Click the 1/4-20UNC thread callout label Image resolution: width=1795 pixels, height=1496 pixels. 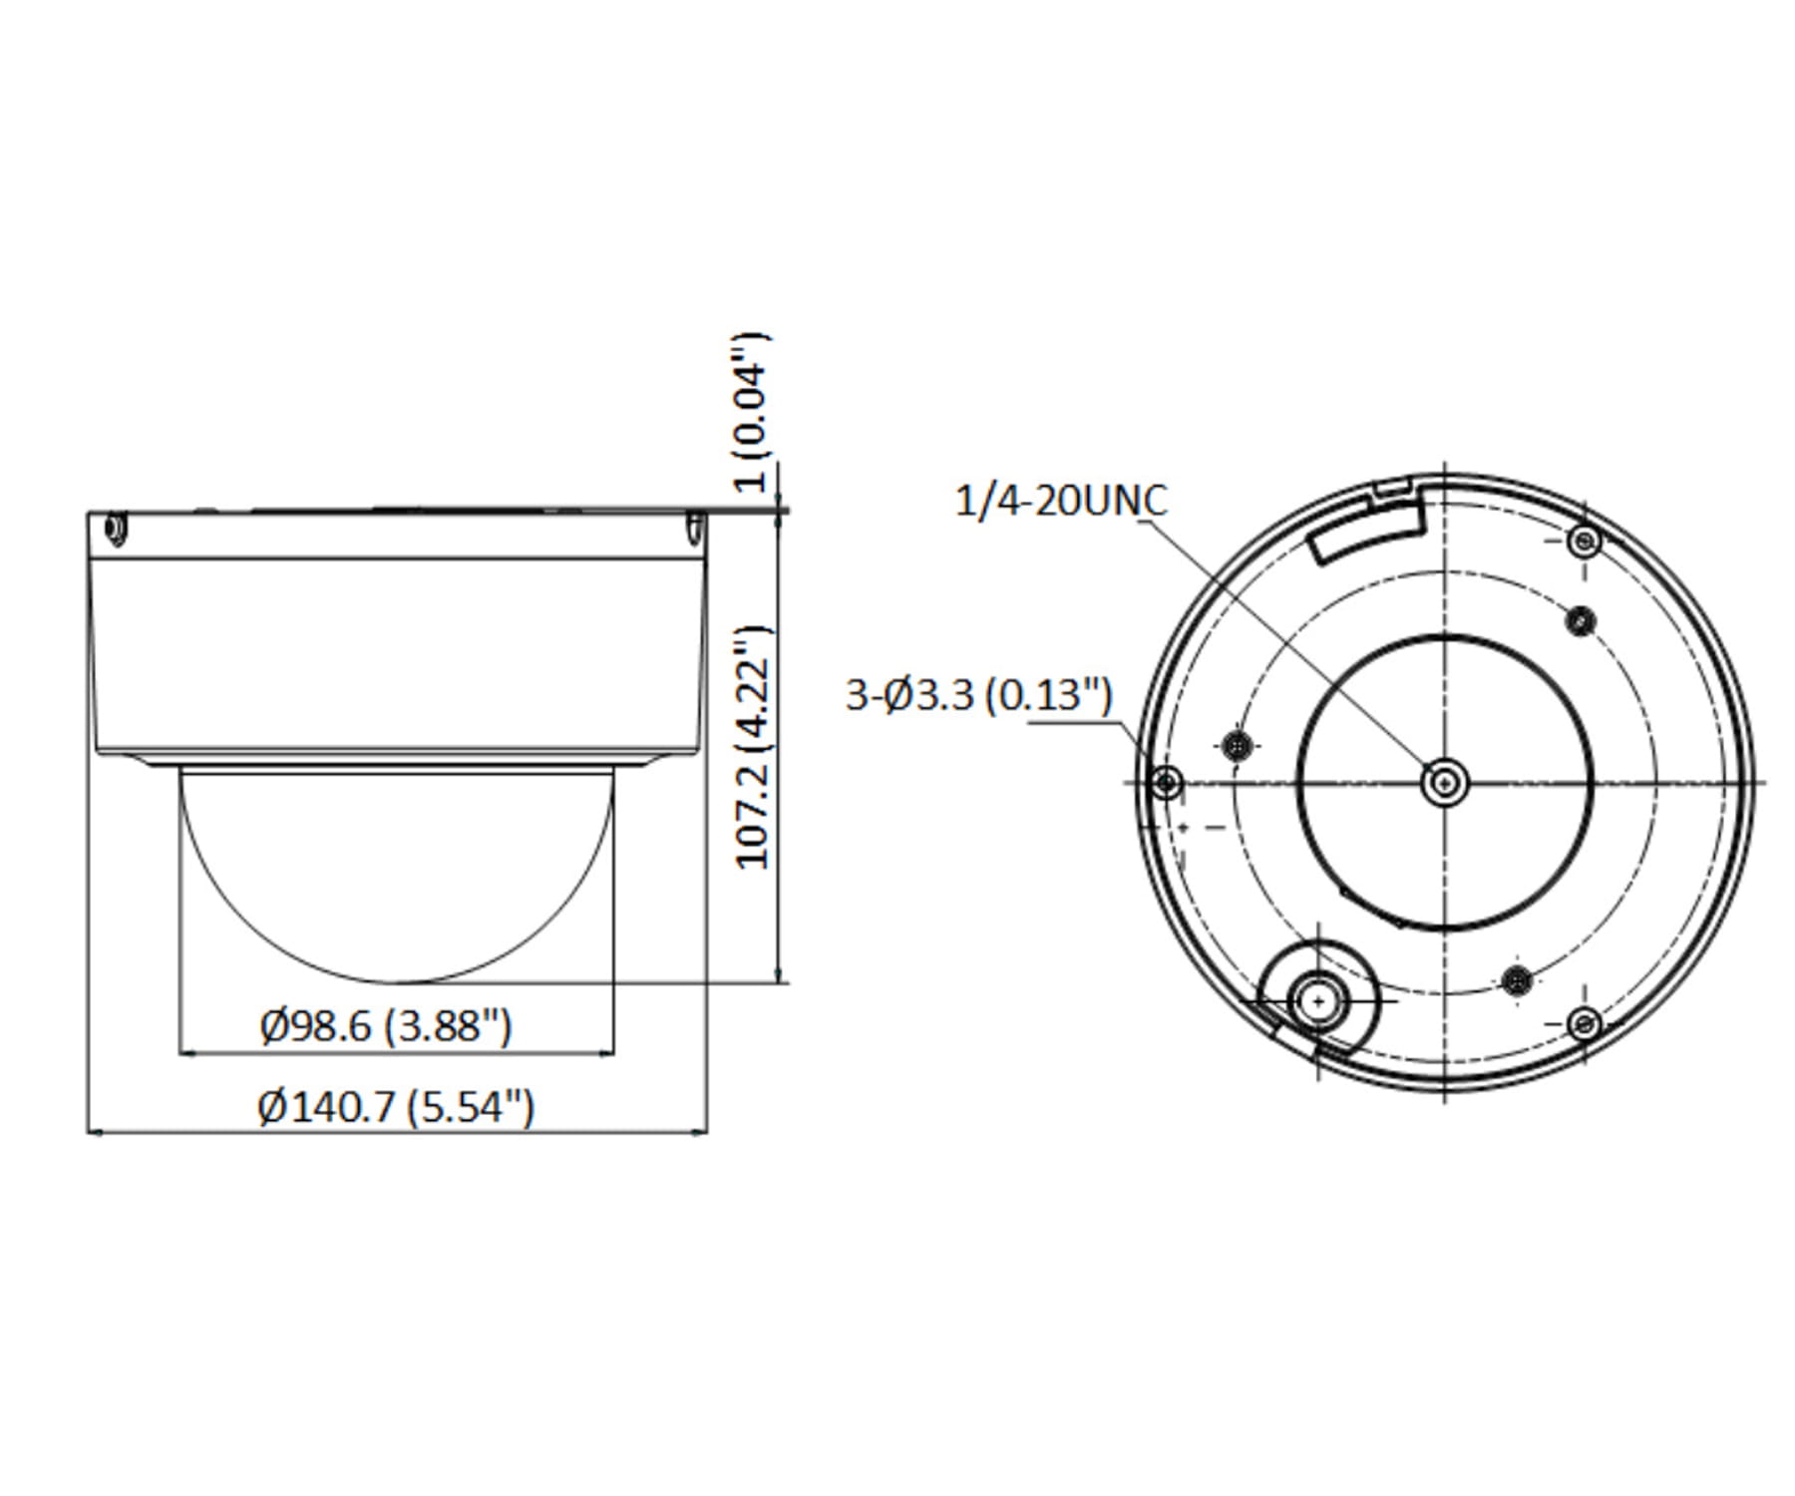pyautogui.click(x=1060, y=501)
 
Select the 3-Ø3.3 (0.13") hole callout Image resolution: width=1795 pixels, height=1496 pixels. pyautogui.click(x=978, y=694)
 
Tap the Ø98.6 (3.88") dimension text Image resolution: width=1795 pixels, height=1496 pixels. pyautogui.click(x=386, y=1025)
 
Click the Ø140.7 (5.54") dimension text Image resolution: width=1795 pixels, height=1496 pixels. pyautogui.click(x=396, y=1107)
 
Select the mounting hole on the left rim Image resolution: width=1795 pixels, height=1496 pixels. pyautogui.click(x=1166, y=782)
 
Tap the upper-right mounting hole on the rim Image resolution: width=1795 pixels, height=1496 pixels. pyautogui.click(x=1584, y=543)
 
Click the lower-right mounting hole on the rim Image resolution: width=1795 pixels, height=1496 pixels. pyautogui.click(x=1584, y=1023)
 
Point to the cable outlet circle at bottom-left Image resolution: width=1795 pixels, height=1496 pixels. pyautogui.click(x=1318, y=1000)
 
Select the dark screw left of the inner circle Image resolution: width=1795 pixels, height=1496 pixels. pyautogui.click(x=1237, y=744)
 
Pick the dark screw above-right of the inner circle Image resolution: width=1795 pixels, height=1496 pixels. pyautogui.click(x=1580, y=621)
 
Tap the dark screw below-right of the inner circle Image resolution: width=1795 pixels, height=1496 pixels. pyautogui.click(x=1517, y=979)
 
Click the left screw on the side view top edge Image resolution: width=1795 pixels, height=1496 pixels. pyautogui.click(x=115, y=529)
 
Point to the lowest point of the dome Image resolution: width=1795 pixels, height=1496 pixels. pyautogui.click(x=397, y=981)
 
